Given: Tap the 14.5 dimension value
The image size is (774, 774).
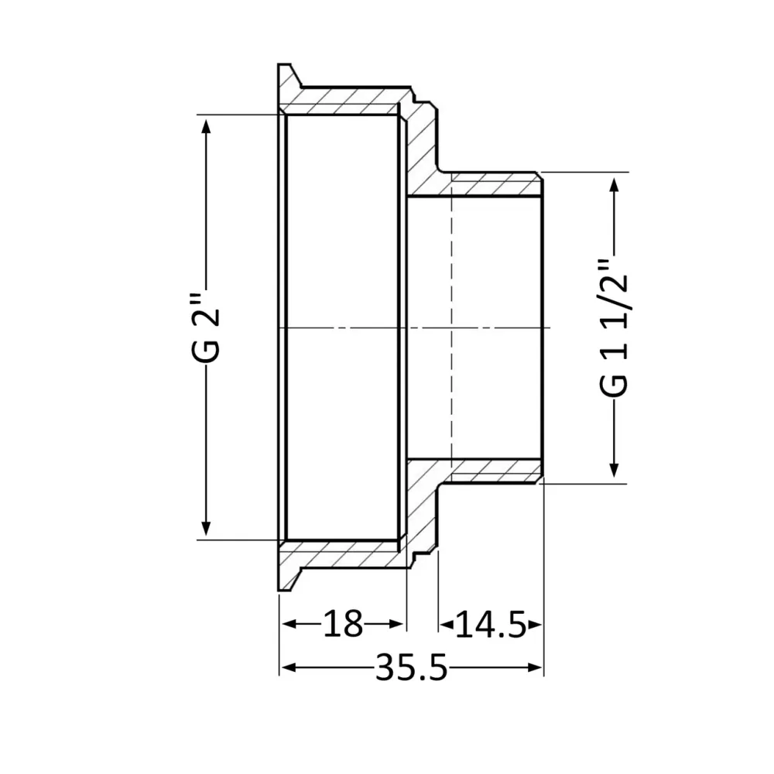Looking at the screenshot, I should (489, 624).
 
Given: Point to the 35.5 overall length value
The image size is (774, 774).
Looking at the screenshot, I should (411, 667).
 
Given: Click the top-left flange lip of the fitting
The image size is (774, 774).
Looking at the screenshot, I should (286, 77).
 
